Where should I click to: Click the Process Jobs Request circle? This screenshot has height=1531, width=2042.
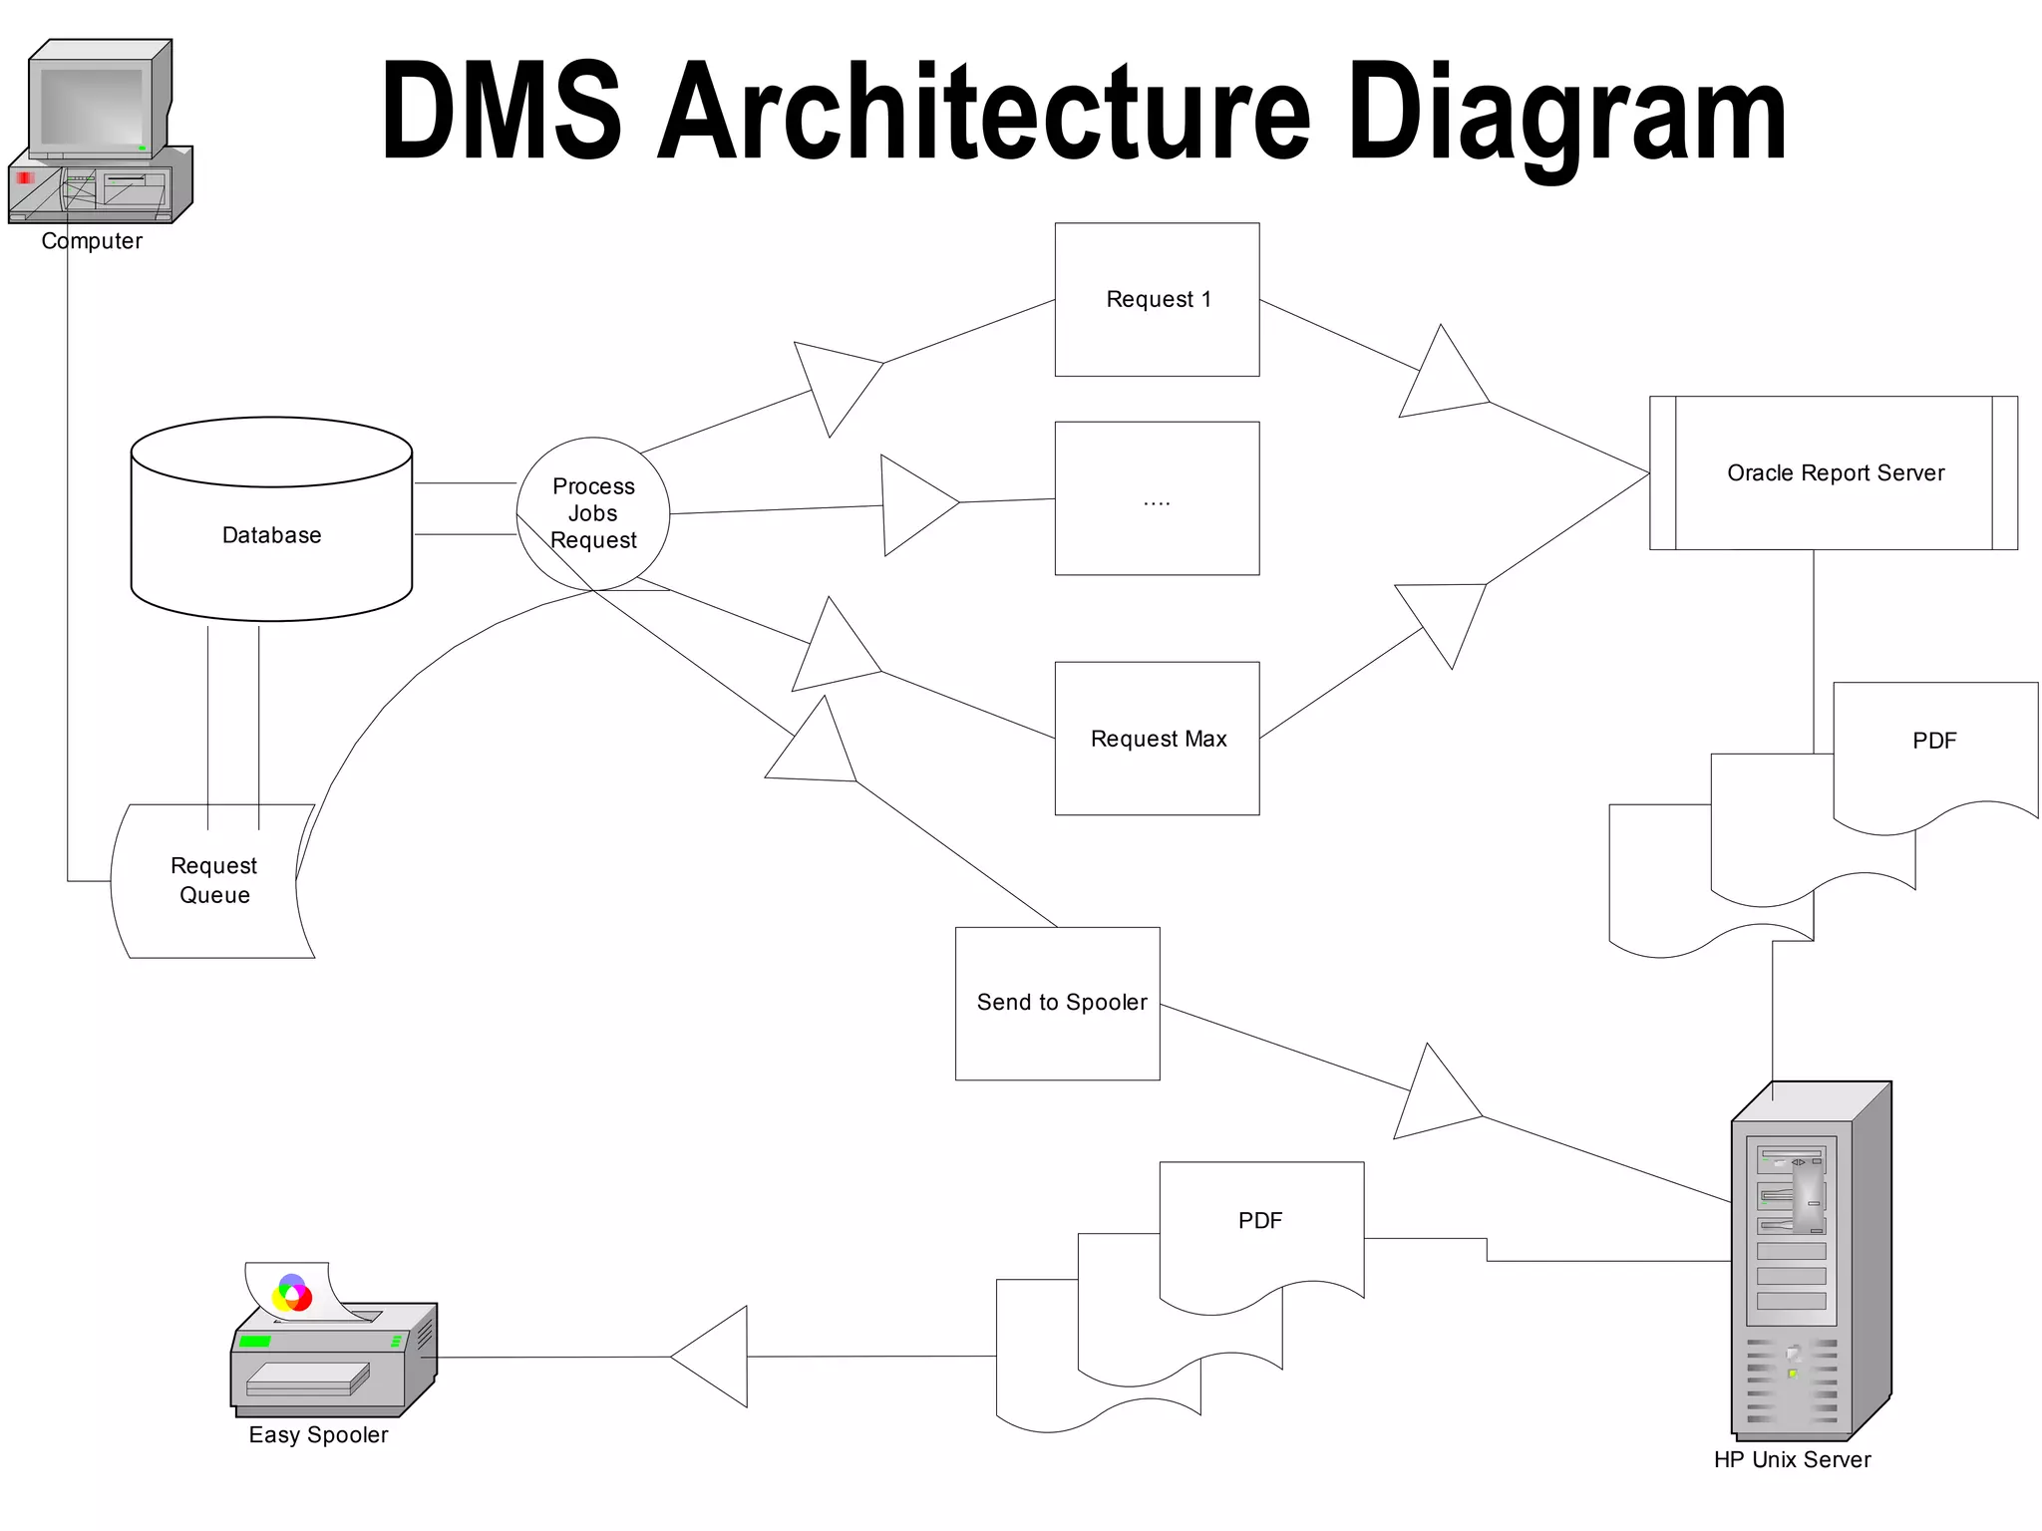click(x=593, y=513)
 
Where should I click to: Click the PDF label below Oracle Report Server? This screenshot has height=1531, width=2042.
click(x=1933, y=741)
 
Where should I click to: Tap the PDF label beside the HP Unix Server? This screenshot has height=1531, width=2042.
click(x=1259, y=1220)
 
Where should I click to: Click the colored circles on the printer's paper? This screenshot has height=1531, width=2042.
click(x=292, y=1293)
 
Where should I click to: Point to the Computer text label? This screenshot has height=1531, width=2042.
click(x=92, y=241)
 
